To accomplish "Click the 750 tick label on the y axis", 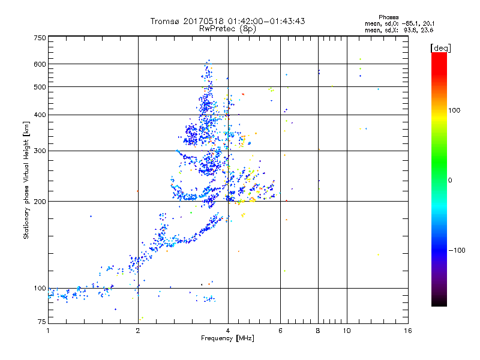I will [40, 38].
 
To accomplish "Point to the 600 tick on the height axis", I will [40, 64].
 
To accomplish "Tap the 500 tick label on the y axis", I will [40, 87].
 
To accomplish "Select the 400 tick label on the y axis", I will [40, 115].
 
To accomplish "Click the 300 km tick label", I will [40, 151].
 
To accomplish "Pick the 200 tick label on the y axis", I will [40, 202].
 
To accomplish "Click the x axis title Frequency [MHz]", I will [227, 339].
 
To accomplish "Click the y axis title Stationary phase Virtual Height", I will [26, 180].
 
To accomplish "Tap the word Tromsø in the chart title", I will [165, 21].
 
